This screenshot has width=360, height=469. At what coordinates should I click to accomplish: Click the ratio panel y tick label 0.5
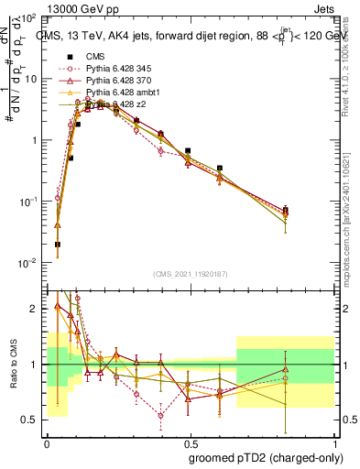pyautogui.click(x=32, y=420)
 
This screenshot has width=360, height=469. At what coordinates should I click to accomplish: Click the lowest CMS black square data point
pyautogui.click(x=58, y=245)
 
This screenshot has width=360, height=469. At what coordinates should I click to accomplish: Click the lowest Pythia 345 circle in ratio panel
pyautogui.click(x=160, y=415)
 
